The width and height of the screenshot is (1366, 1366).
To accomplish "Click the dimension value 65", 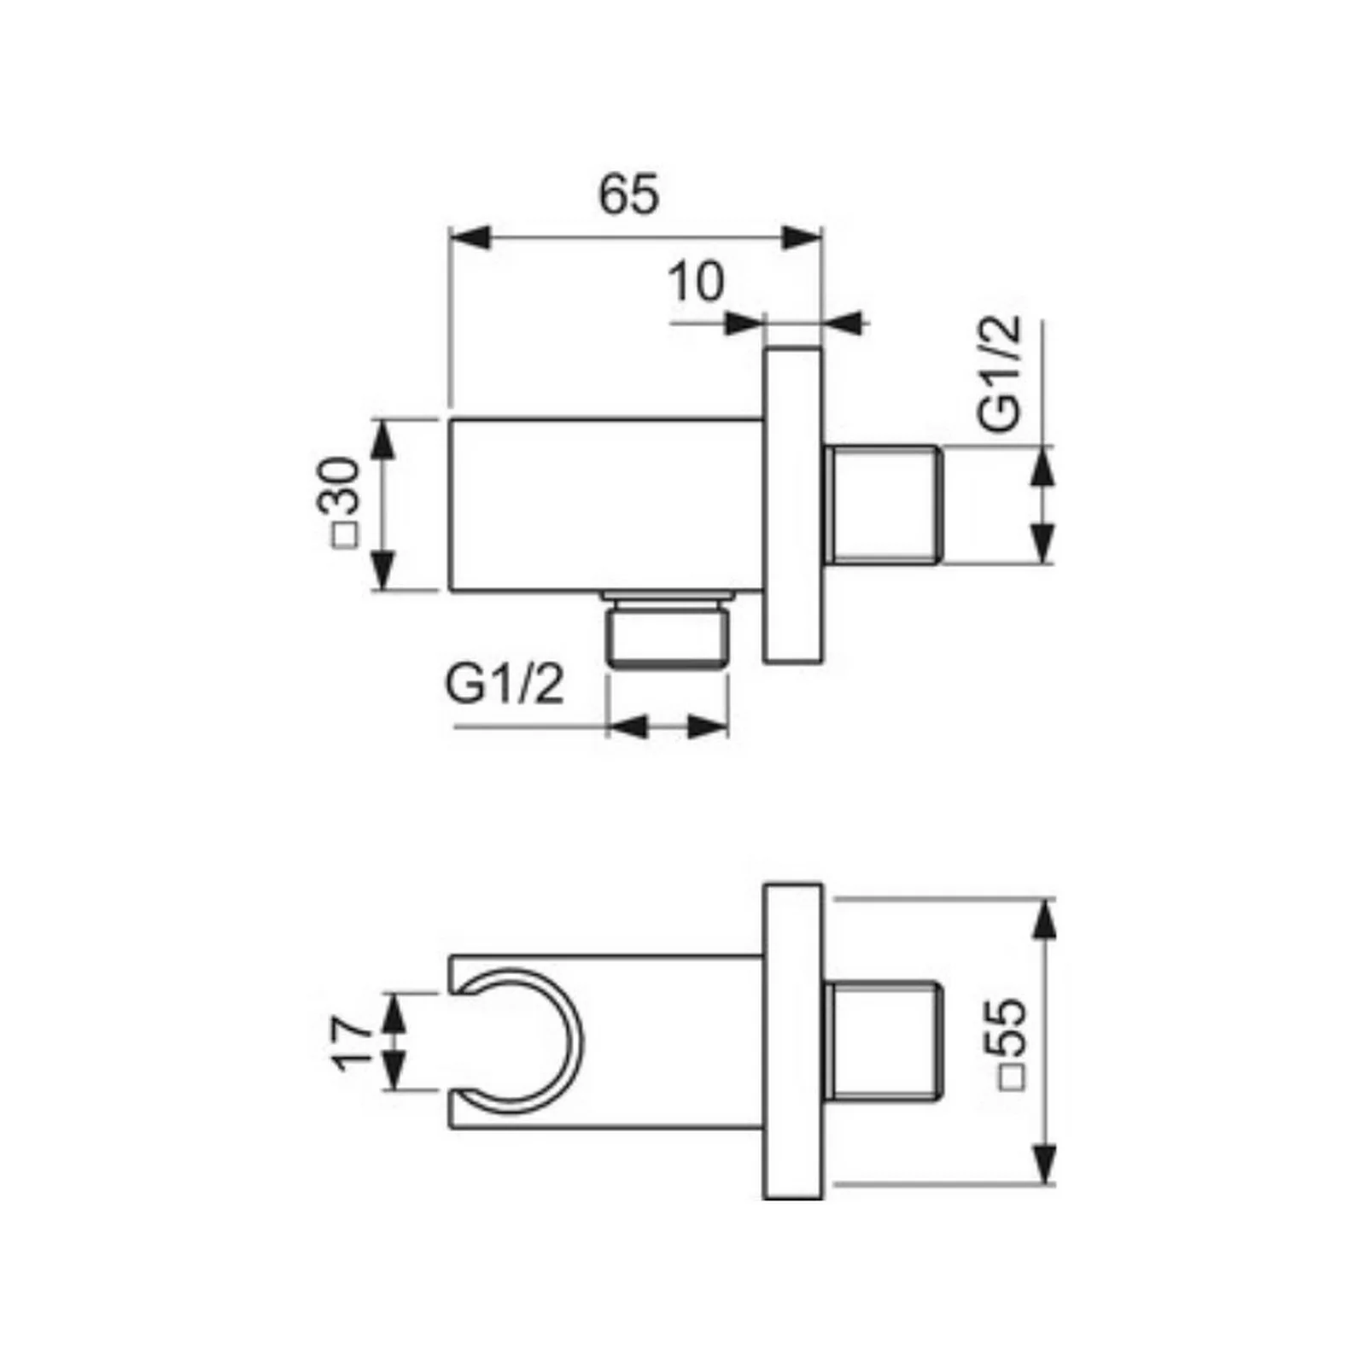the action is pyautogui.click(x=629, y=194).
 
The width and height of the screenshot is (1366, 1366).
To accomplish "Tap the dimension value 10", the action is pyautogui.click(x=696, y=282).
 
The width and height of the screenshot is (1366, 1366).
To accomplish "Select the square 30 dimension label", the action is pyautogui.click(x=340, y=503).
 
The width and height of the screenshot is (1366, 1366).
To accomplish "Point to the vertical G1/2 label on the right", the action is pyautogui.click(x=1000, y=372).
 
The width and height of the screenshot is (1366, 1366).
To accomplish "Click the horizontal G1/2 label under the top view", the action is pyautogui.click(x=505, y=685).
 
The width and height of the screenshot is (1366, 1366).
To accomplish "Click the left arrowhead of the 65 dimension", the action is pyautogui.click(x=470, y=238).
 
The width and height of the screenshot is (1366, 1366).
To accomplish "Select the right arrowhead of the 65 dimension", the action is pyautogui.click(x=802, y=238).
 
